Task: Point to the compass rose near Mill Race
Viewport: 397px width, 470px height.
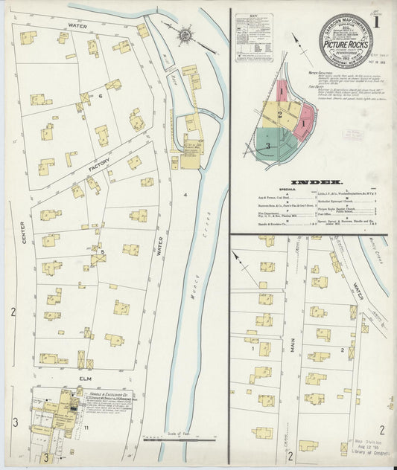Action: point(185,34)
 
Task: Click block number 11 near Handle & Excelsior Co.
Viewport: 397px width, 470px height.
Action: point(86,428)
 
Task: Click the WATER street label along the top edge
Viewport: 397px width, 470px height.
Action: point(77,26)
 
